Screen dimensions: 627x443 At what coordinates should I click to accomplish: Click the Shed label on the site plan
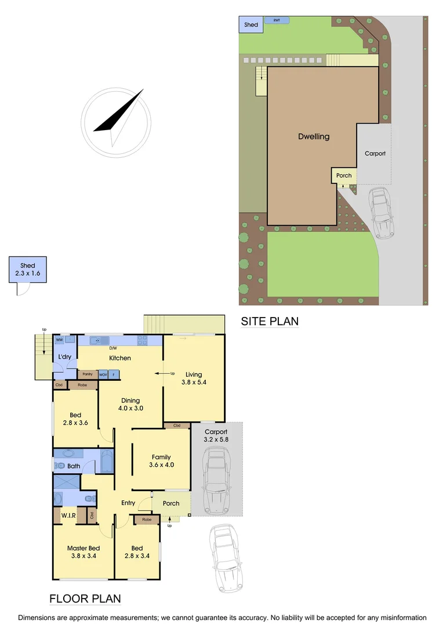[x=251, y=25]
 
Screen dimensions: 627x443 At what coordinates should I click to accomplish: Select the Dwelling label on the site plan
[x=314, y=137]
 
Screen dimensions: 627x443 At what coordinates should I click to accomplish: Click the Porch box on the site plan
[x=344, y=175]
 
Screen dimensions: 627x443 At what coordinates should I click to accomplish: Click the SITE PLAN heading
[x=270, y=321]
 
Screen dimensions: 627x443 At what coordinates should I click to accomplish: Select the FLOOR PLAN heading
[x=85, y=599]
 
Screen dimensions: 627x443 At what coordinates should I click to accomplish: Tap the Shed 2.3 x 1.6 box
[x=28, y=269]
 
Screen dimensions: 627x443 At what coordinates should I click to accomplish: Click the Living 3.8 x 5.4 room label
[x=193, y=379]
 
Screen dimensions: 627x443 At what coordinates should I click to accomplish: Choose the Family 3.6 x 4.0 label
[x=161, y=461]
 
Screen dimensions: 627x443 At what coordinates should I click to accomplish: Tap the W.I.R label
[x=69, y=515]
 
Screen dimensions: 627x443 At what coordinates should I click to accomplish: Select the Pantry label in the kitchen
[x=88, y=374]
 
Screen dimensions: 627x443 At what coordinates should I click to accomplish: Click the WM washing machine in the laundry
[x=59, y=339]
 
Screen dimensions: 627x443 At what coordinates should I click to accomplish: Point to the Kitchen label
[x=120, y=358]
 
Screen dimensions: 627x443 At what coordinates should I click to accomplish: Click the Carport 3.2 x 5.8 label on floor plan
[x=216, y=436]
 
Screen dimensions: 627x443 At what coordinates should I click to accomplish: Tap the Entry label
[x=128, y=503]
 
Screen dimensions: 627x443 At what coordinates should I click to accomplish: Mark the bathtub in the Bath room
[x=107, y=462]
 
